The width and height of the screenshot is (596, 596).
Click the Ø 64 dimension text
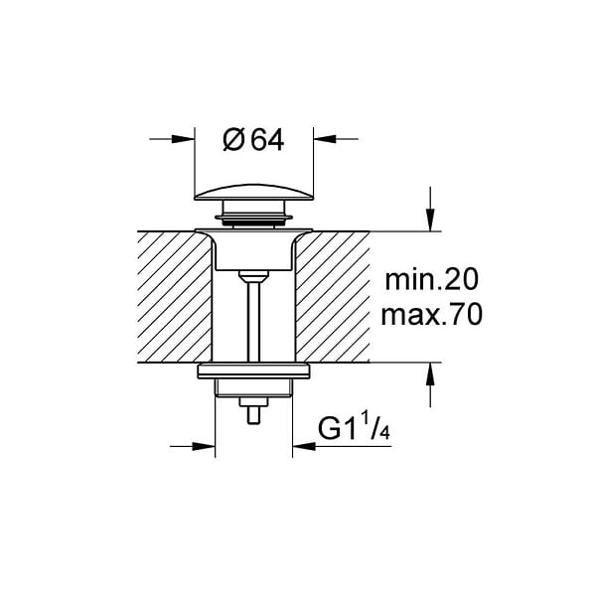point(253,140)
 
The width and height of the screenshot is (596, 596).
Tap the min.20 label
point(431,280)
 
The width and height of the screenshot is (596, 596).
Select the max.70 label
point(431,315)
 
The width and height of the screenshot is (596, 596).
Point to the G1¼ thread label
point(354,428)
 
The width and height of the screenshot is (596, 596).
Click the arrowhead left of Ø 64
point(183,139)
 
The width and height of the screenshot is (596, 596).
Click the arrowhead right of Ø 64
point(325,139)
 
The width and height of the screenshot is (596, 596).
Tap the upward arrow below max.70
point(430,384)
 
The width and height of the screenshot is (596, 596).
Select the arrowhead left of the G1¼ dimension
point(204,446)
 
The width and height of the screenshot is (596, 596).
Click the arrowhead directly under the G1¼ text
point(304,446)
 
